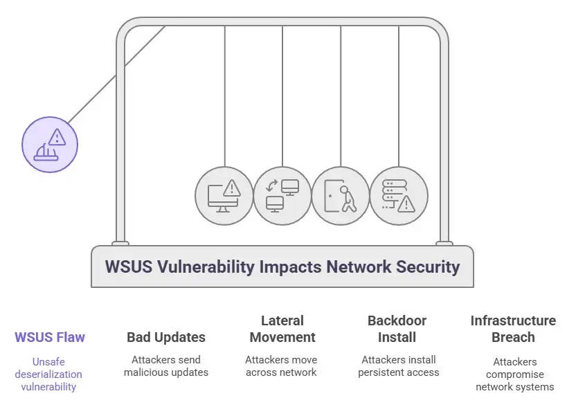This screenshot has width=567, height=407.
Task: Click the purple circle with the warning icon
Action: click(x=50, y=144)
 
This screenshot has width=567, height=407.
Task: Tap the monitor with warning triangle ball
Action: click(x=224, y=195)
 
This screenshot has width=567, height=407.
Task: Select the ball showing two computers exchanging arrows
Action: click(x=282, y=195)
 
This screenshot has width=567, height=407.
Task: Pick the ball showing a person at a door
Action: click(x=341, y=195)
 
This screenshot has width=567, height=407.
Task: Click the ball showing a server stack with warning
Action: click(x=399, y=195)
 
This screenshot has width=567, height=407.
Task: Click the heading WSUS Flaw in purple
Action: click(x=50, y=338)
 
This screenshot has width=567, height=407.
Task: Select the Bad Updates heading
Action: click(x=166, y=338)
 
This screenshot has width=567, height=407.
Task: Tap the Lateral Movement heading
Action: click(x=282, y=329)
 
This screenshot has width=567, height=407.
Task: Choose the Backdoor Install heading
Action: click(x=397, y=329)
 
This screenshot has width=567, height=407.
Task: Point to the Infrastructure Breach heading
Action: click(x=513, y=329)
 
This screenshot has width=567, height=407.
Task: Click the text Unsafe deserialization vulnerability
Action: click(x=48, y=374)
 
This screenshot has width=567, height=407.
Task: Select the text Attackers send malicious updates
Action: click(x=166, y=366)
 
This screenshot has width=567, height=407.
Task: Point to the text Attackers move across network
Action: click(x=281, y=366)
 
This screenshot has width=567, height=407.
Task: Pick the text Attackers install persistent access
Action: click(x=398, y=366)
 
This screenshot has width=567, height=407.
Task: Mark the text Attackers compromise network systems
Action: click(x=514, y=374)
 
